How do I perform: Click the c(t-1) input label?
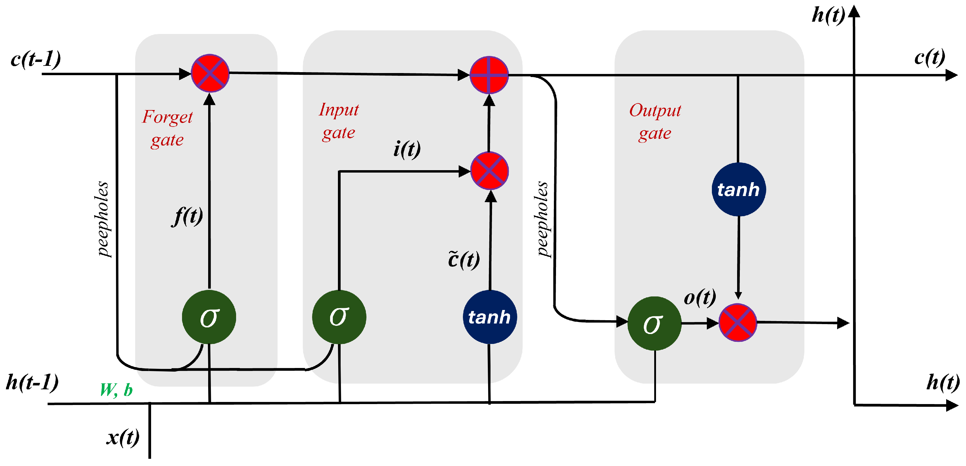(36, 59)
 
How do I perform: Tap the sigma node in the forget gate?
(209, 317)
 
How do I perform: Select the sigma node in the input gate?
(339, 317)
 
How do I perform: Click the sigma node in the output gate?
(655, 323)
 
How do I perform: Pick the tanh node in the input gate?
(490, 317)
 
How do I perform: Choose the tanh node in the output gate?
(738, 189)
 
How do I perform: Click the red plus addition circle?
(489, 75)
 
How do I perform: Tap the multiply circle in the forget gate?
(210, 73)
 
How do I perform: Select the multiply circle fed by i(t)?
(489, 171)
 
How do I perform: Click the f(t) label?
(188, 216)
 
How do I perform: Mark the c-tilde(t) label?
(464, 260)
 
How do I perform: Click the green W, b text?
(116, 390)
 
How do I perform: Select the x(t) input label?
(123, 437)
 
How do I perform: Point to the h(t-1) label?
(33, 382)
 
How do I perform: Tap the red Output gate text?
(655, 122)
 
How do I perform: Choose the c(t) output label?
(930, 58)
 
